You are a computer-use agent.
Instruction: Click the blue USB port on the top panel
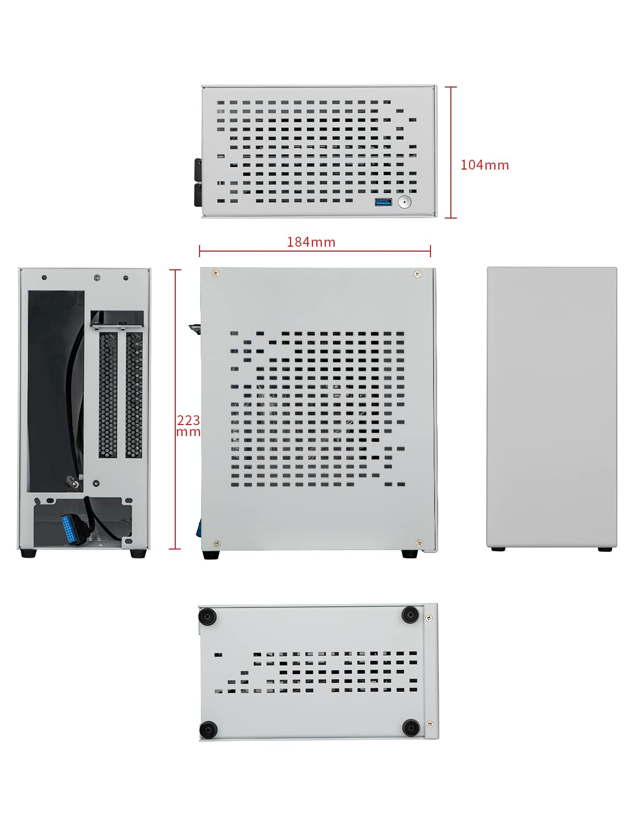(x=383, y=202)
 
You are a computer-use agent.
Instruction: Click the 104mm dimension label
(x=484, y=165)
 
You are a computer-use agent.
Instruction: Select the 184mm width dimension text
(x=311, y=242)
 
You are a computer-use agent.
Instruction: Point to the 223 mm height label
(x=188, y=426)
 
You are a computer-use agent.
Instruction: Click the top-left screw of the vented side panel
(x=216, y=273)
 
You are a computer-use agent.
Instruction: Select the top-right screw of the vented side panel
(x=417, y=273)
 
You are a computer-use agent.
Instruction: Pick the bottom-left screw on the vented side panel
(x=216, y=544)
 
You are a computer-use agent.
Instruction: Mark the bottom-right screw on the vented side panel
(x=418, y=543)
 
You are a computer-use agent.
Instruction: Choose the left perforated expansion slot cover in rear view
(x=108, y=395)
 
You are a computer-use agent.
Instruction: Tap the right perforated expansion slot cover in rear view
(x=134, y=395)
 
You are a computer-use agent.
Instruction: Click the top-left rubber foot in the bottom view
(x=208, y=616)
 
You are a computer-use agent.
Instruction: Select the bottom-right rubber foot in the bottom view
(x=410, y=728)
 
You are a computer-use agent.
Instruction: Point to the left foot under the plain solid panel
(x=498, y=548)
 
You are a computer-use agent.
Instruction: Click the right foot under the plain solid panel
(x=605, y=548)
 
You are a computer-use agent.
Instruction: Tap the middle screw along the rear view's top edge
(x=98, y=277)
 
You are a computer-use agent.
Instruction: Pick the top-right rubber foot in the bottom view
(x=410, y=615)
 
